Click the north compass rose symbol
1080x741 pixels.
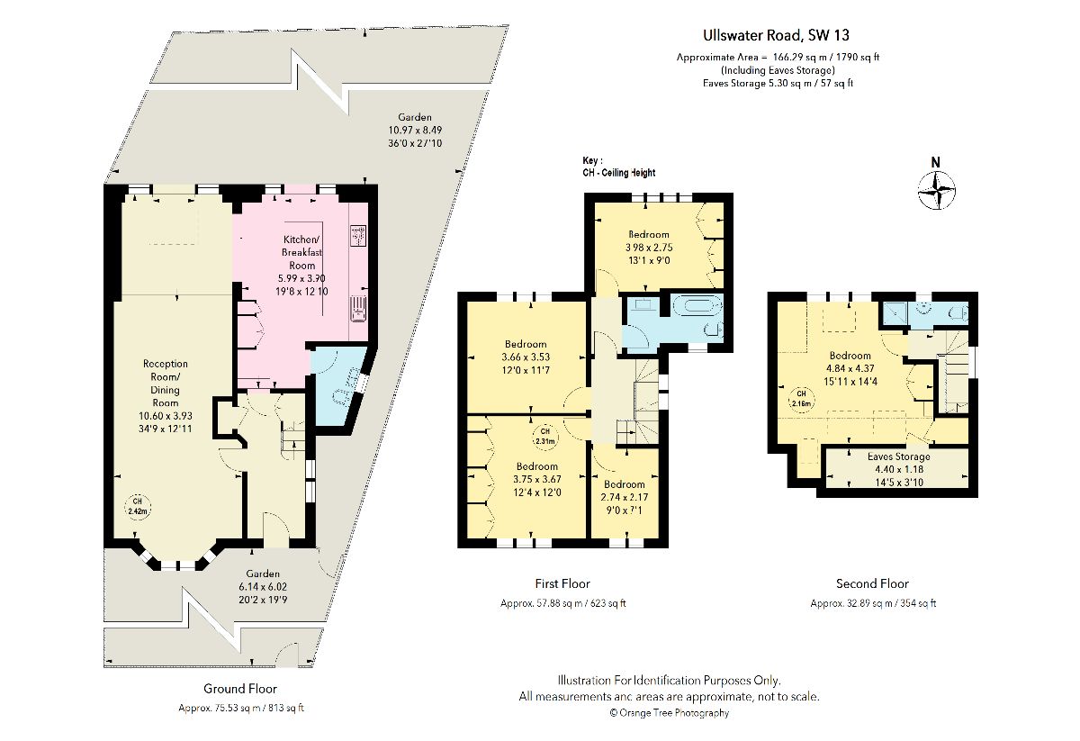click(936, 191)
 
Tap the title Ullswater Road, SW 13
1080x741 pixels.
click(776, 35)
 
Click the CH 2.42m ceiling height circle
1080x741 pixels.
click(138, 507)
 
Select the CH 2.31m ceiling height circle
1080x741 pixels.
click(544, 437)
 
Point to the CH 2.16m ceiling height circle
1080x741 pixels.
click(801, 399)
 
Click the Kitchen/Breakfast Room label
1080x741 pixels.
click(302, 252)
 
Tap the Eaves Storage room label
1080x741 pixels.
click(899, 456)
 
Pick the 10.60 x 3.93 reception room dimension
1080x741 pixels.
click(166, 416)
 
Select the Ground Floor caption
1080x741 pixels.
click(240, 689)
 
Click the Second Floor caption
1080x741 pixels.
click(872, 583)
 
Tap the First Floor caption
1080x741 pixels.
click(562, 583)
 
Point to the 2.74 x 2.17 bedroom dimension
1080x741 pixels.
click(625, 497)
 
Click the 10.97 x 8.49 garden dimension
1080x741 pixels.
click(415, 131)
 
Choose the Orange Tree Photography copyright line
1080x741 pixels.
click(670, 713)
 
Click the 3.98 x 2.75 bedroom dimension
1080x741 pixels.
click(649, 248)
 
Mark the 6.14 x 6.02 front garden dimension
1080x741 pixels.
click(263, 587)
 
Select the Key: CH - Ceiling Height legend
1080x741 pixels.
click(619, 167)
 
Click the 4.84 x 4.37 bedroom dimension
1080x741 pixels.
click(850, 368)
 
